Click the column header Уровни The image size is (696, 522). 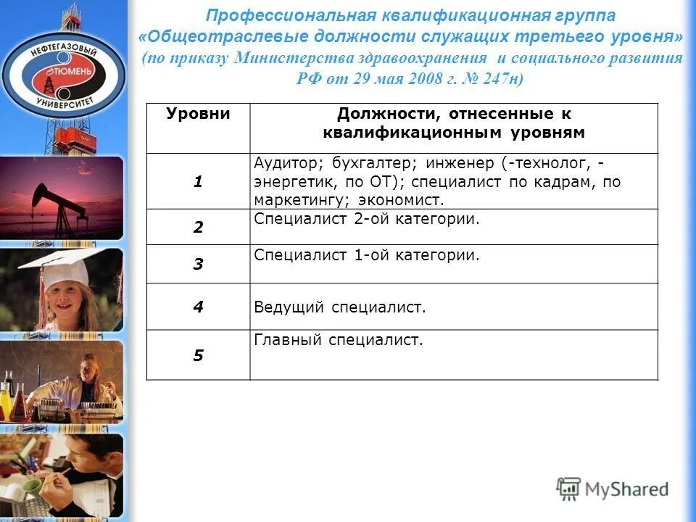coord(198,115)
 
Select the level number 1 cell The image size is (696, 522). coord(198,182)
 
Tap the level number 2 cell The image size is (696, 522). coord(198,227)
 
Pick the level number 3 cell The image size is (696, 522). coord(198,264)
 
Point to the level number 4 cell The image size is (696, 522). coord(198,307)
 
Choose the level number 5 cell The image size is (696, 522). coord(198,355)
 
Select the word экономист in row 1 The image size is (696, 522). coord(407,200)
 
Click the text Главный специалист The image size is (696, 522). coord(338,339)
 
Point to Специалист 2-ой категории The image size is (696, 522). coord(367,218)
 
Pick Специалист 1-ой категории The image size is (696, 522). coord(367,255)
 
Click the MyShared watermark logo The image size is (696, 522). coord(613,489)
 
